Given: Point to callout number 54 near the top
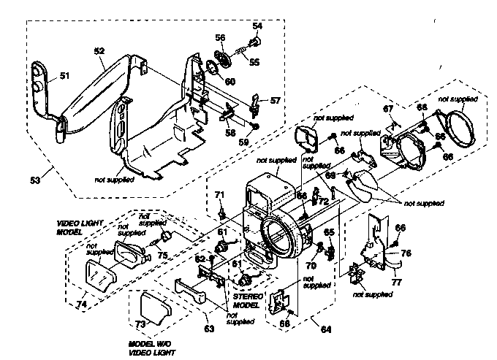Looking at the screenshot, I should coord(257,26).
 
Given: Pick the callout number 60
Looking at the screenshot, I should coord(230,81).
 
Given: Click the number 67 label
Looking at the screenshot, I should coord(388,109).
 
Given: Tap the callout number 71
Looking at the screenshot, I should coord(219,194).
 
